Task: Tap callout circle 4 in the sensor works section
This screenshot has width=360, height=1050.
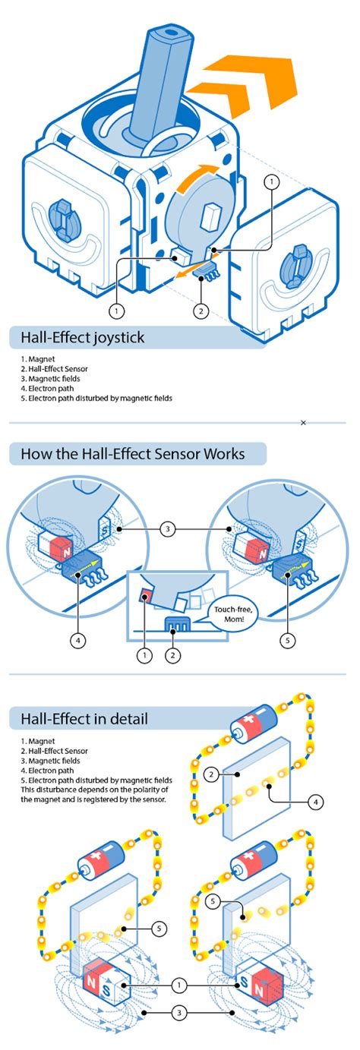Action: pyautogui.click(x=77, y=640)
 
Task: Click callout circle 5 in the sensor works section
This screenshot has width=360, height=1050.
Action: pyautogui.click(x=286, y=640)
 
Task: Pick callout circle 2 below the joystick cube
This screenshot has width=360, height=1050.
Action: pyautogui.click(x=201, y=310)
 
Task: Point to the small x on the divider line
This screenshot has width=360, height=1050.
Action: pyautogui.click(x=303, y=422)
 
